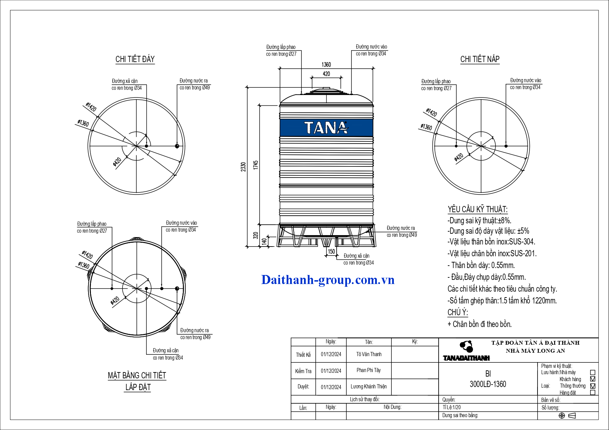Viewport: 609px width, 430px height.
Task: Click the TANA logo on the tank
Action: [326, 128]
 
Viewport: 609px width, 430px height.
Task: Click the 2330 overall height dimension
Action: [243, 167]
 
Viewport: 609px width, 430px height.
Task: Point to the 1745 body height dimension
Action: [256, 165]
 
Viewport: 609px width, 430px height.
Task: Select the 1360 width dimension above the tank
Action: [326, 64]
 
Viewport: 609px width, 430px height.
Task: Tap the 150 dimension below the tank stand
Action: [331, 251]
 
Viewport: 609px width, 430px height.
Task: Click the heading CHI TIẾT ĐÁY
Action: [135, 59]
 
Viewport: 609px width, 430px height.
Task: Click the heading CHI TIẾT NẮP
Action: [480, 59]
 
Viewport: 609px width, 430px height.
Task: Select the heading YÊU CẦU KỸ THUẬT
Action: [477, 209]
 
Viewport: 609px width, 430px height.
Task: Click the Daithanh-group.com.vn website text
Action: [328, 280]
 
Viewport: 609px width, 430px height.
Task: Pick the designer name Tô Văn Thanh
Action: [369, 354]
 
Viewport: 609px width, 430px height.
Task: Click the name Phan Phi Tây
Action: [369, 370]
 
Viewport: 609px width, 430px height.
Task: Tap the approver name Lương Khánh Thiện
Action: [369, 387]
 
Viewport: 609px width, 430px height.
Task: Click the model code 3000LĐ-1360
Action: [488, 384]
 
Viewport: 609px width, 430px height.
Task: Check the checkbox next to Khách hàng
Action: [593, 379]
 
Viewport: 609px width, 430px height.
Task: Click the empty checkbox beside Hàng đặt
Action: [593, 393]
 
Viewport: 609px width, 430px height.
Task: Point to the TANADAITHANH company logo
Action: [466, 351]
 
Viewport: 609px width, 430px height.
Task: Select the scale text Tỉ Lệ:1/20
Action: [451, 407]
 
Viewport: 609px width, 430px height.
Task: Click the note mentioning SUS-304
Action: [491, 242]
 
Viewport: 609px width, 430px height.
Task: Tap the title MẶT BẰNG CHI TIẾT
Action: [137, 376]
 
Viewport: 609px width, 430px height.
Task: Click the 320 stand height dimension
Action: [256, 235]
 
